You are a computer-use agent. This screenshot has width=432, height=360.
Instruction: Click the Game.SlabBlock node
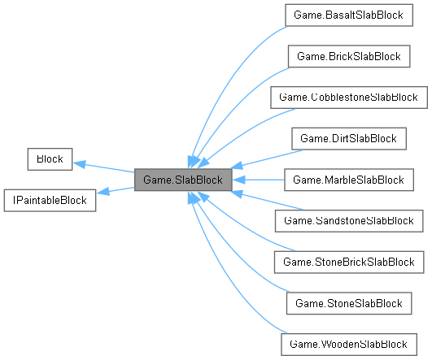coord(183,180)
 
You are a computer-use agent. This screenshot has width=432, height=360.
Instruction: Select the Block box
coord(50,159)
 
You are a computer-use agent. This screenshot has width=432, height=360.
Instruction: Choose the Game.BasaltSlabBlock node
coord(348,15)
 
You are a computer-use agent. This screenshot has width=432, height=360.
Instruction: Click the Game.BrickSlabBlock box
coord(348,56)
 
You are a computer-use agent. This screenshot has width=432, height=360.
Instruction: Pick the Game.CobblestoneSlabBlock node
coord(348,98)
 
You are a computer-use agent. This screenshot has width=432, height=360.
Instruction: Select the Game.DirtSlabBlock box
coord(348,138)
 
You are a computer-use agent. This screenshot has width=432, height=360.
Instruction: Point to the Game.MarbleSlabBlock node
coord(348,180)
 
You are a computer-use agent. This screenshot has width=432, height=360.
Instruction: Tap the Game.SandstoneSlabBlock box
coord(348,220)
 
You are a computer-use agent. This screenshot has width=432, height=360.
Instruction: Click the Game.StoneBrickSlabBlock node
coord(348,262)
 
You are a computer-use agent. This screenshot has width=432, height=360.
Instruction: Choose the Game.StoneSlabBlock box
coord(348,303)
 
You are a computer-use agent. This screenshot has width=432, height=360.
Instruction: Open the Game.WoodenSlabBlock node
coord(348,344)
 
